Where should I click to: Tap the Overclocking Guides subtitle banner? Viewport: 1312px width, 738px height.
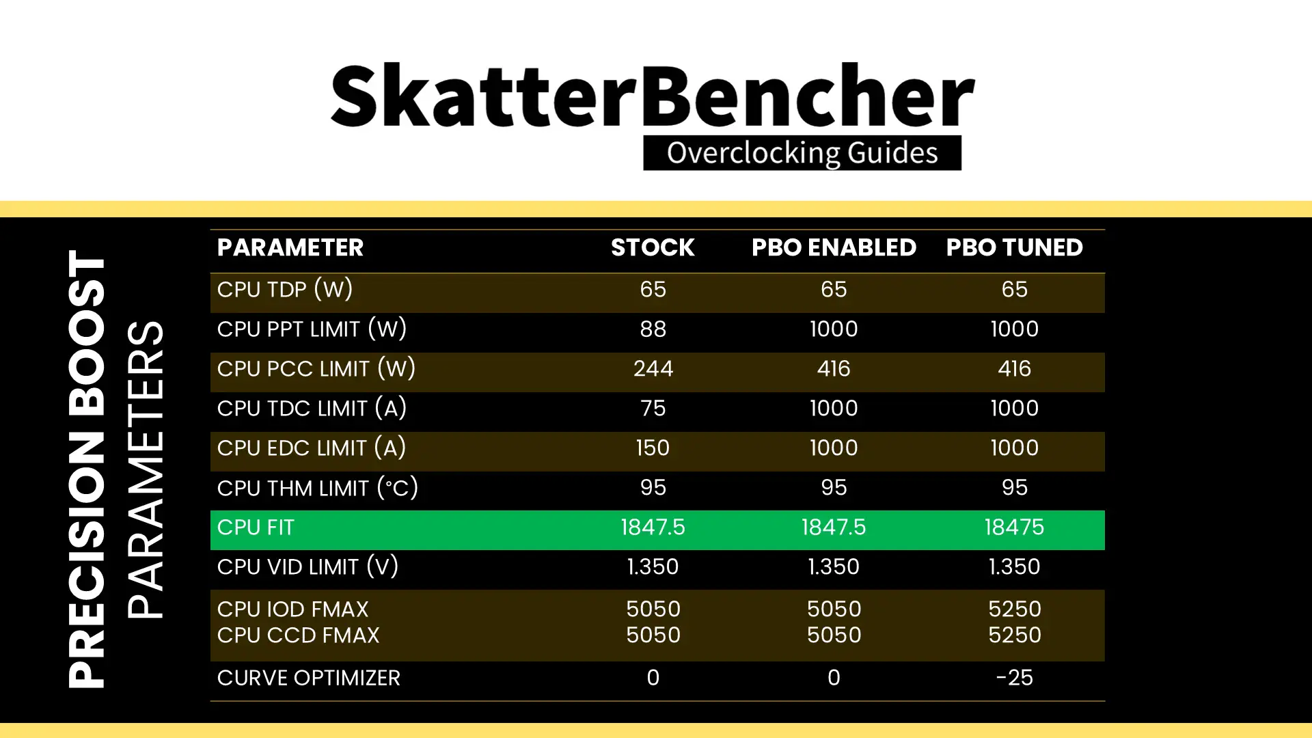tap(802, 152)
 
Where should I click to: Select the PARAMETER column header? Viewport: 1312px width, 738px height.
tap(290, 247)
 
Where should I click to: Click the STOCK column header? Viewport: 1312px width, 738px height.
tap(653, 247)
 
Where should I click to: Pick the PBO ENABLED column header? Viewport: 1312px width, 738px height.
tap(834, 247)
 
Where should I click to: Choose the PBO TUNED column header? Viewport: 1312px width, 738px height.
tap(1014, 247)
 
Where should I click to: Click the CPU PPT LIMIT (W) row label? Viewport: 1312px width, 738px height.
tap(312, 329)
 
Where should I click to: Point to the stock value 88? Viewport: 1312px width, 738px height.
tap(653, 329)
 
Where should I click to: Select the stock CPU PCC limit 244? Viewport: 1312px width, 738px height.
tap(653, 368)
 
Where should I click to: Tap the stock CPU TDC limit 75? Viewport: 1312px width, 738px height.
tap(653, 408)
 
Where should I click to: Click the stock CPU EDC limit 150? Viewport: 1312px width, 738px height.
tap(653, 448)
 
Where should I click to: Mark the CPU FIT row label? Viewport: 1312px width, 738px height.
tap(256, 528)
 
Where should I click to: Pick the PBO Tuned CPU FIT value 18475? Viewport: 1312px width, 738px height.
tap(1014, 527)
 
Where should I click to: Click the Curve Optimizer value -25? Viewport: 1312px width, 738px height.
tap(1014, 677)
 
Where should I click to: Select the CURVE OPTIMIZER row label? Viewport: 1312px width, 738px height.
tap(309, 678)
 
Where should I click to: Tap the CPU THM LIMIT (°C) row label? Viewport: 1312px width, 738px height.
tap(318, 488)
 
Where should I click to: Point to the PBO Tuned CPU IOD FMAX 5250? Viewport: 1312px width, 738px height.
tap(1015, 609)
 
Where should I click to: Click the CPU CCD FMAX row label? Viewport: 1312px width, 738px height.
tap(298, 635)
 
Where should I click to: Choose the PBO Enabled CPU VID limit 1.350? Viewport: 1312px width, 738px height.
tap(834, 566)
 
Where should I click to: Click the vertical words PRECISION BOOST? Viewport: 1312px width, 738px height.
tap(87, 469)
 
